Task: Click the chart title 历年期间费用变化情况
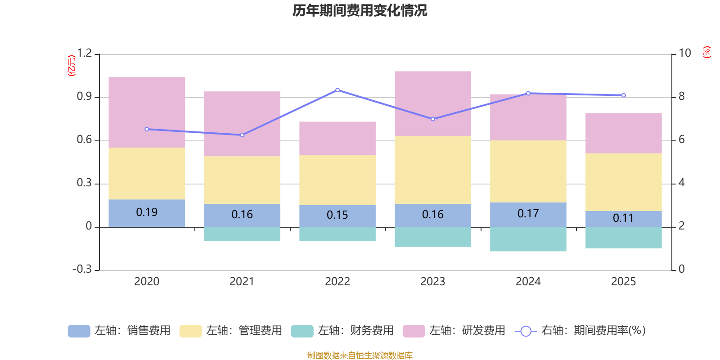(x=360, y=10)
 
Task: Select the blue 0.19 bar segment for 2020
(x=147, y=213)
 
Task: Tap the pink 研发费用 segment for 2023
(x=433, y=103)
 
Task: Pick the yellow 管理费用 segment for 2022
(x=337, y=180)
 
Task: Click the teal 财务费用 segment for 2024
(x=528, y=239)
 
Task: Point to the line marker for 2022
(x=337, y=90)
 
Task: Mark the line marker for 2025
(x=623, y=95)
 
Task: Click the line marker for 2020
(x=147, y=129)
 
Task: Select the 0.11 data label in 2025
(x=623, y=218)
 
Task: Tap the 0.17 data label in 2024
(x=528, y=214)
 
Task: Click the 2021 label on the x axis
(x=242, y=282)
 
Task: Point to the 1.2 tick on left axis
(x=84, y=53)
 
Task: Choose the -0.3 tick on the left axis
(x=82, y=269)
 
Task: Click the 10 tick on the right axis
(x=684, y=53)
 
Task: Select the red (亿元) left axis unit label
(x=71, y=66)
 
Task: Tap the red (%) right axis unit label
(x=706, y=52)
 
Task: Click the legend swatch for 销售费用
(x=79, y=331)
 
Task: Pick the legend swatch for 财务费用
(x=302, y=331)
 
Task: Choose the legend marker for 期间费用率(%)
(x=526, y=331)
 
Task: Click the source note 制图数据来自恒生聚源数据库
(x=360, y=355)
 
